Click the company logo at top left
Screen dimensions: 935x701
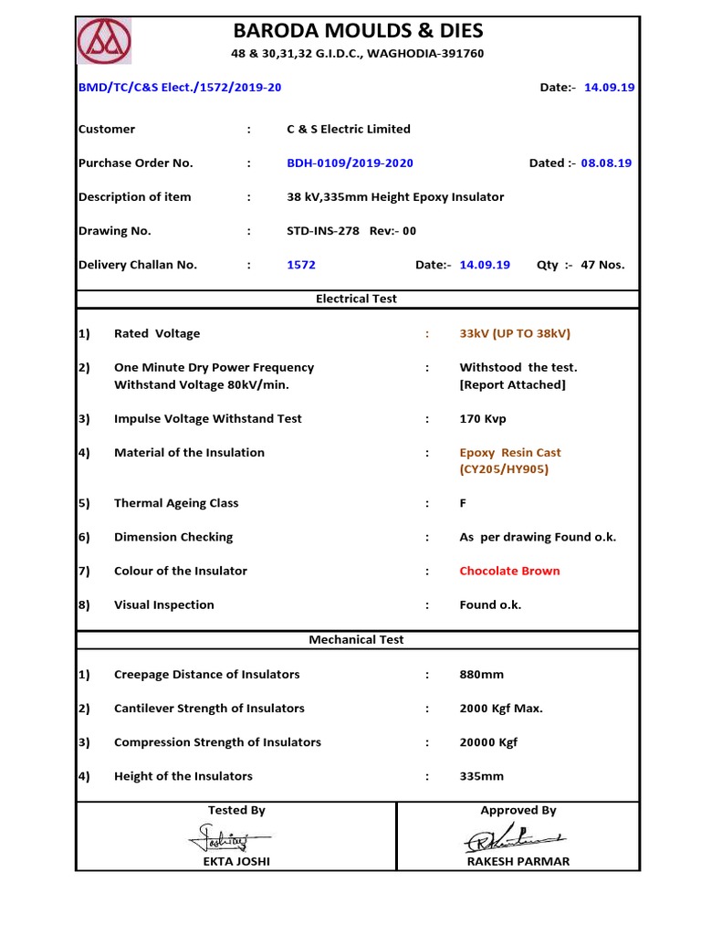(x=103, y=42)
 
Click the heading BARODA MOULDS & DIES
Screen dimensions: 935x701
(x=357, y=31)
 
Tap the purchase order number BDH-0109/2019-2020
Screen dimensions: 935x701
(x=350, y=163)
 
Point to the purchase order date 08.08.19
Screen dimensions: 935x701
(x=606, y=163)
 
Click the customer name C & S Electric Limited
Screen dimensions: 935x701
(x=348, y=129)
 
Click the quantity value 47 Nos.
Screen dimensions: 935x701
(x=602, y=265)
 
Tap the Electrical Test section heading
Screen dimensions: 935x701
(x=356, y=299)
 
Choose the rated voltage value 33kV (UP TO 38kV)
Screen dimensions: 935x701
(x=515, y=333)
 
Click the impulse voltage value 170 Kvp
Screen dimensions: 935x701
(x=483, y=418)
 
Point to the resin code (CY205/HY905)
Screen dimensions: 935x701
(x=504, y=469)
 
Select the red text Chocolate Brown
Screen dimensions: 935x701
(x=509, y=571)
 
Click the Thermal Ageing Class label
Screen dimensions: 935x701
(x=176, y=503)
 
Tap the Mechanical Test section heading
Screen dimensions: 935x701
(x=356, y=640)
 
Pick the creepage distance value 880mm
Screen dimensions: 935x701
(x=481, y=674)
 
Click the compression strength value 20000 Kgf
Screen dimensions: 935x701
(x=488, y=742)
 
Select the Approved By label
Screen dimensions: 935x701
(x=518, y=810)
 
